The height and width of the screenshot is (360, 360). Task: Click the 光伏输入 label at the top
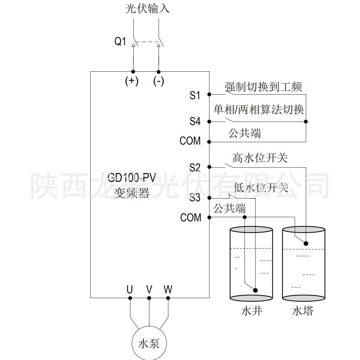pyautogui.click(x=147, y=9)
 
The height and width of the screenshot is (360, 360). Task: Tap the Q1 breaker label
pyautogui.click(x=120, y=41)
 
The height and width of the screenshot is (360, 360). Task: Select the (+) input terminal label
pyautogui.click(x=132, y=81)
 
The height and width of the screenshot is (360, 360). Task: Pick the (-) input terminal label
pyautogui.click(x=158, y=81)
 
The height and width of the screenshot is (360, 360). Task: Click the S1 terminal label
pyautogui.click(x=195, y=95)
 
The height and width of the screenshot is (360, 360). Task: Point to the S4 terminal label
pyautogui.click(x=195, y=122)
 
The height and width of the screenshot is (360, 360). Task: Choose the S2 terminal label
pyautogui.click(x=195, y=168)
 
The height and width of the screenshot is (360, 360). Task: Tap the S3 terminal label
pyautogui.click(x=195, y=198)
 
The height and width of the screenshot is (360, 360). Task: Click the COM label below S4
pyautogui.click(x=190, y=141)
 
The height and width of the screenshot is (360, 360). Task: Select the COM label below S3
pyautogui.click(x=191, y=217)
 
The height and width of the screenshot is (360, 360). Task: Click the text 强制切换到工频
pyautogui.click(x=263, y=87)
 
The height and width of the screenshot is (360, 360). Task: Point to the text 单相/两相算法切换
pyautogui.click(x=259, y=110)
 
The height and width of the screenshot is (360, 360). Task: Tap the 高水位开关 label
pyautogui.click(x=260, y=158)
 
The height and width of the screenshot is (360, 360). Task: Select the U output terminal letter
pyautogui.click(x=130, y=289)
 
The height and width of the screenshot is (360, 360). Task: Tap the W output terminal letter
pyautogui.click(x=168, y=289)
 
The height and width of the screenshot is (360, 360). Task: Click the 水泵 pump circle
pyautogui.click(x=149, y=343)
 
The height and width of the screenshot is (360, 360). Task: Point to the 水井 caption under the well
pyautogui.click(x=251, y=311)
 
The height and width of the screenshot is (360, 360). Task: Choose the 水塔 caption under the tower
pyautogui.click(x=303, y=311)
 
